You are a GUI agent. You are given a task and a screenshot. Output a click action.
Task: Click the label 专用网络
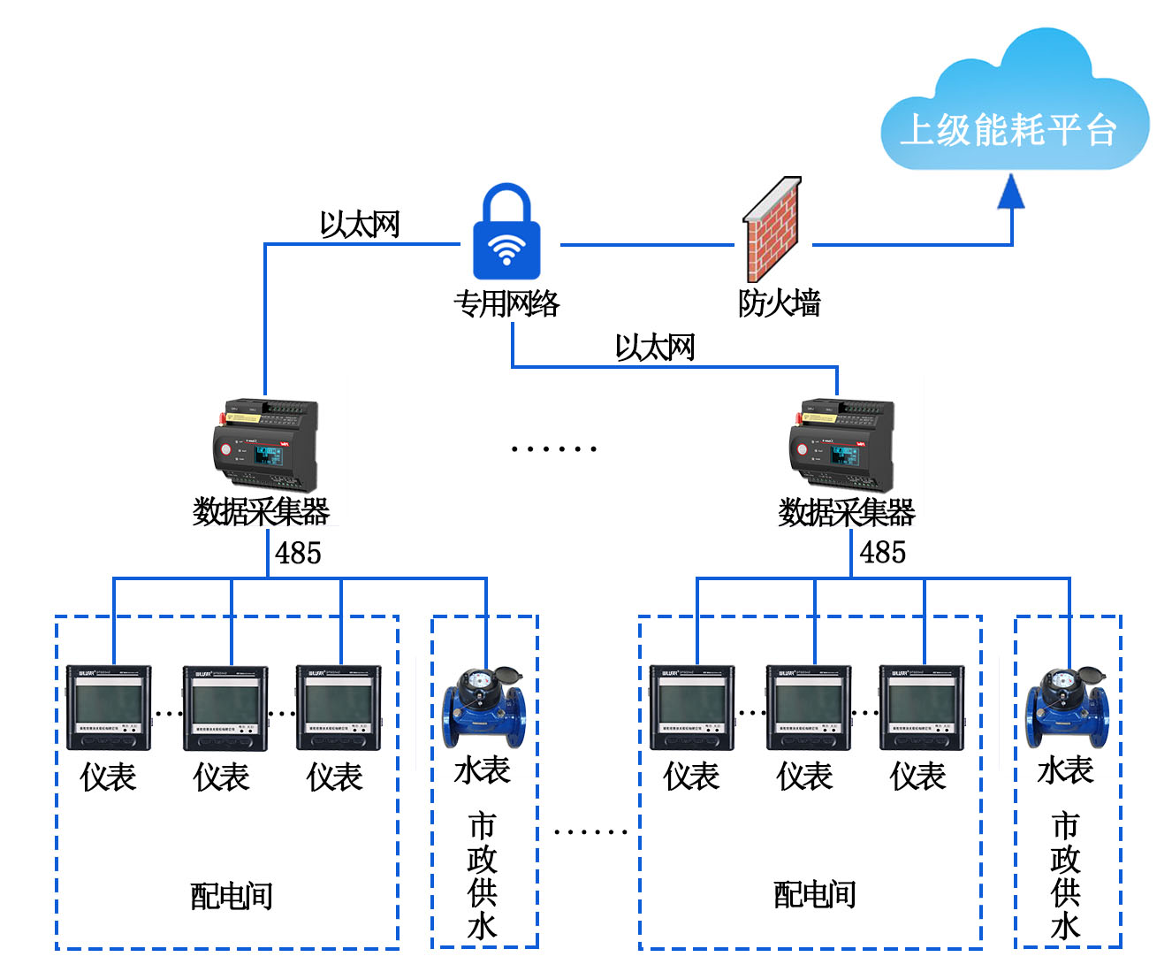[506, 303]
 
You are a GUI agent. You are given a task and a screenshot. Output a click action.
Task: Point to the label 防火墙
[779, 303]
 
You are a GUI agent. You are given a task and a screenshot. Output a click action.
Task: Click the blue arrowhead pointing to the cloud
[1011, 192]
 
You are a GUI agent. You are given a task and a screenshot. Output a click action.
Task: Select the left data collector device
[265, 445]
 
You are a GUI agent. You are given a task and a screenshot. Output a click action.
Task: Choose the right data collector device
[842, 445]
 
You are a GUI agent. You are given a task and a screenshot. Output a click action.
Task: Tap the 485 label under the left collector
[298, 554]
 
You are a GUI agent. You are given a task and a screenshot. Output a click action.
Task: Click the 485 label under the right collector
[883, 553]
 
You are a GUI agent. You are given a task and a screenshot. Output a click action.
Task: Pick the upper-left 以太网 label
[359, 225]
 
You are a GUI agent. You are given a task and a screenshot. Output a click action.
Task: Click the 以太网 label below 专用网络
[655, 348]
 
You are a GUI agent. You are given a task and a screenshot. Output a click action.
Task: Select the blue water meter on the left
[483, 707]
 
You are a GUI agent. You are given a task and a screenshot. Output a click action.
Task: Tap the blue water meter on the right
[1067, 707]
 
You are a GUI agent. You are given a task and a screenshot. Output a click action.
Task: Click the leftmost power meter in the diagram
[109, 708]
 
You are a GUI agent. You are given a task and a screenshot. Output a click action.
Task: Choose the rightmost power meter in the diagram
[922, 708]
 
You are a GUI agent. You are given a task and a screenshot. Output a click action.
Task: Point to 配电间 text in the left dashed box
[232, 896]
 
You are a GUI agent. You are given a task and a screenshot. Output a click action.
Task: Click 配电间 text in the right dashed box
[815, 895]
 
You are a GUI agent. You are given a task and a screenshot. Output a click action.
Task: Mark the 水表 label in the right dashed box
[1066, 770]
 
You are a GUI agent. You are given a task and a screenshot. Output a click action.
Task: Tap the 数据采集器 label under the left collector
[262, 512]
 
